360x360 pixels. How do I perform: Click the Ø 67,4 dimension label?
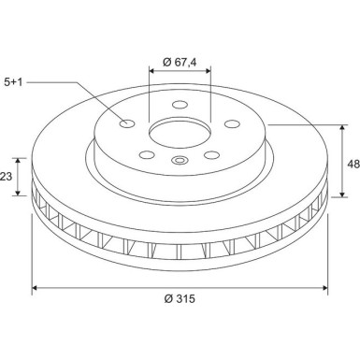coord(180,62)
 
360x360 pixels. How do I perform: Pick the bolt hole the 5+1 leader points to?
coord(128,122)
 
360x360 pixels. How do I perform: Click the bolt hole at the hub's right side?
coord(228,122)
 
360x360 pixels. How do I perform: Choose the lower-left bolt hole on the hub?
coord(145,154)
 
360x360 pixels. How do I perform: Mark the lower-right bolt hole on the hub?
coord(213,154)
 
